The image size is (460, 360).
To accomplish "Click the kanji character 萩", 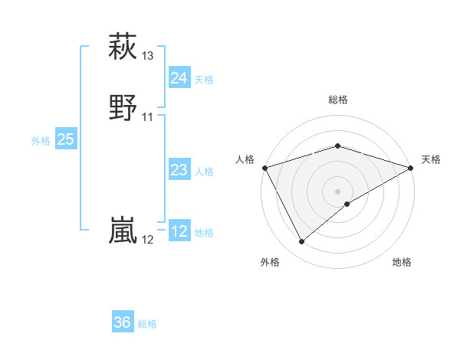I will (x=123, y=47).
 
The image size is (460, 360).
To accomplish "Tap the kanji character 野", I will (x=123, y=106).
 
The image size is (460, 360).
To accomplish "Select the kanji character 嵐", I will (x=123, y=230).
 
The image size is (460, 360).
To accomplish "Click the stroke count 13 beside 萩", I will (x=148, y=56).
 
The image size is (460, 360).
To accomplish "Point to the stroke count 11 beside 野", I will (x=148, y=116).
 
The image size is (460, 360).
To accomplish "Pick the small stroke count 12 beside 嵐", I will (x=148, y=240).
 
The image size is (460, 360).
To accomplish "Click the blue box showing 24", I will (x=179, y=78).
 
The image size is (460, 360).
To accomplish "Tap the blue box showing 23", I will (x=179, y=170).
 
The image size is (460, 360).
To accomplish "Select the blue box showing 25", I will (x=66, y=139).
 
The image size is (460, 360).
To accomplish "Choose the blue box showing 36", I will (x=123, y=322).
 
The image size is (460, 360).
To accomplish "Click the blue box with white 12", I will (x=179, y=231).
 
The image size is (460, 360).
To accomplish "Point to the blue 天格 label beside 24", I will (x=204, y=80).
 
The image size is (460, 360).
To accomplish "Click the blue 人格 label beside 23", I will (x=204, y=172).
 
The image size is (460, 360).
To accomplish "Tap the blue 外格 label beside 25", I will (x=41, y=141).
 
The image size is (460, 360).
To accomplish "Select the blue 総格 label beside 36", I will (x=147, y=324).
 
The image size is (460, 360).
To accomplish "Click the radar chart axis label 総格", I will (x=337, y=100).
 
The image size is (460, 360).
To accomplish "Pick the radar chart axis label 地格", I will (x=402, y=262).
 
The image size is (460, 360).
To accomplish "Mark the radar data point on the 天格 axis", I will (x=411, y=167).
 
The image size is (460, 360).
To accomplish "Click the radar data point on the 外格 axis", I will (x=302, y=242).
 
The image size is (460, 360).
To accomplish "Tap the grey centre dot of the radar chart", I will (x=337, y=191).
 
